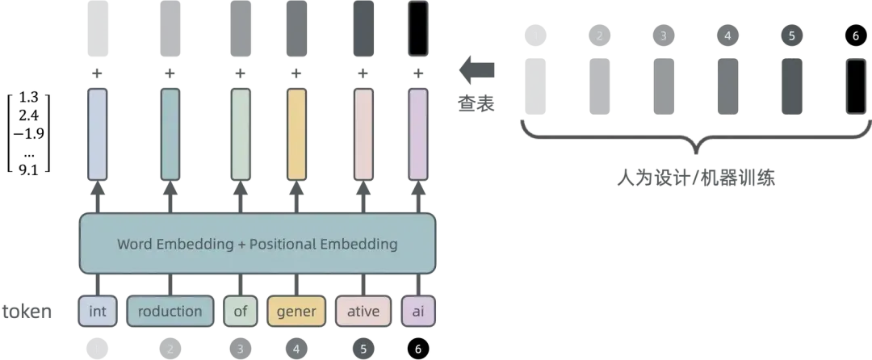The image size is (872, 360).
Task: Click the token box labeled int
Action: [x=97, y=312]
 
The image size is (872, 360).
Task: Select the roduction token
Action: [x=170, y=312]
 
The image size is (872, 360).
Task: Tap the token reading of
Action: [x=240, y=312]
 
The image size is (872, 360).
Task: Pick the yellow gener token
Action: [x=296, y=312]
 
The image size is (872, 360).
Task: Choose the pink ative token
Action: [x=363, y=312]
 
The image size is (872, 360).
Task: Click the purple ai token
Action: [x=417, y=312]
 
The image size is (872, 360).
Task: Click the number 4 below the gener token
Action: [x=296, y=349]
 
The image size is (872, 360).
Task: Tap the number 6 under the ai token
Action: [x=417, y=349]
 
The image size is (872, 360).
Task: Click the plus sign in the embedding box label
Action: [x=241, y=244]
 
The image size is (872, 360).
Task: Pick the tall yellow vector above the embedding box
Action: [x=296, y=134]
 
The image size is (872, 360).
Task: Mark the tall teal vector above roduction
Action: [x=170, y=134]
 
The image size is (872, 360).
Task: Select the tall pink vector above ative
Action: [x=363, y=134]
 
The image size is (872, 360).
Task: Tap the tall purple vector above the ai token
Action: [x=417, y=134]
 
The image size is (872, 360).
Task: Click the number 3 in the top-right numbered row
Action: [x=664, y=36]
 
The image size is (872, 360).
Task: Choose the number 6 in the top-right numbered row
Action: [x=855, y=36]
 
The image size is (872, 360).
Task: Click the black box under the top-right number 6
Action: [x=855, y=86]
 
